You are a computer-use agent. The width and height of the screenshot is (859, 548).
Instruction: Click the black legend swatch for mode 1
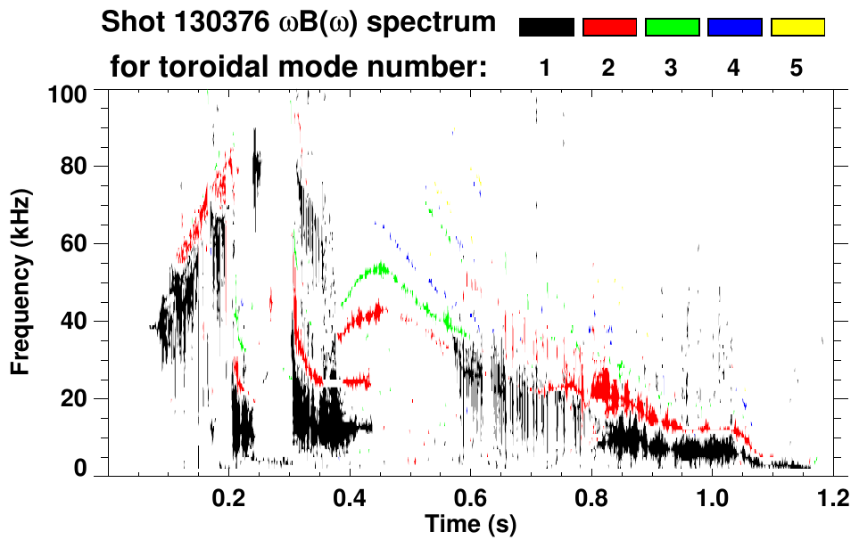click(x=546, y=28)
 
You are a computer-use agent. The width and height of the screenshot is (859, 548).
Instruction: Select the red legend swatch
click(x=609, y=28)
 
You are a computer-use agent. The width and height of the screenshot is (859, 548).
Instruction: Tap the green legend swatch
click(x=672, y=28)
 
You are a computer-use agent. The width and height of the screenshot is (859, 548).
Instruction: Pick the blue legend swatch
click(x=734, y=28)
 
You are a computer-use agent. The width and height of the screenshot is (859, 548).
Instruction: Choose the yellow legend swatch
click(x=797, y=28)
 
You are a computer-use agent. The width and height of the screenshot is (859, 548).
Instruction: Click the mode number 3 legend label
click(x=672, y=69)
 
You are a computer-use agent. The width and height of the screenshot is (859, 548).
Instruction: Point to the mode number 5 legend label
click(x=797, y=69)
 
